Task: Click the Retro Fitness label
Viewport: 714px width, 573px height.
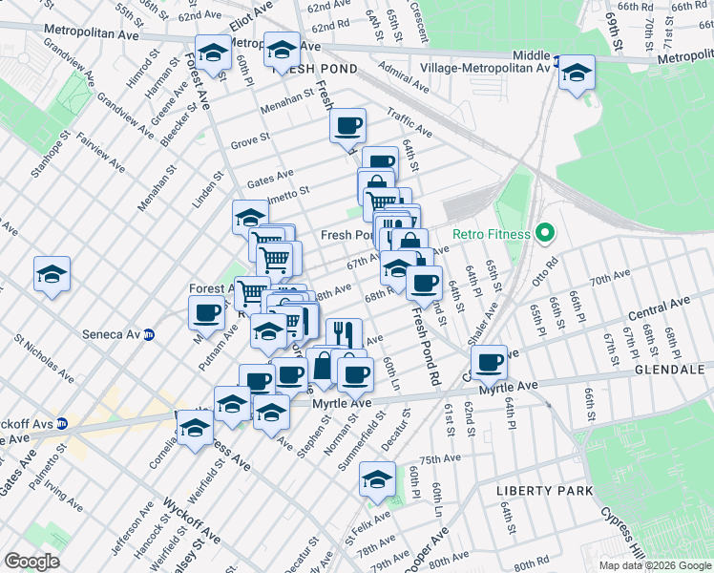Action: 490,234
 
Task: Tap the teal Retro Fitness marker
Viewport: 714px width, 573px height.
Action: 545,233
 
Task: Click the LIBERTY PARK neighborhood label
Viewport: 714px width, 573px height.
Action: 543,491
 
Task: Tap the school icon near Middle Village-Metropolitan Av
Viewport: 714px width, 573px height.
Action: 577,73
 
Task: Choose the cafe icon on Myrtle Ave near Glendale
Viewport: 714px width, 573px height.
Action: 490,363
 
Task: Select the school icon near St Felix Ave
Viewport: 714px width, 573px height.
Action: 377,479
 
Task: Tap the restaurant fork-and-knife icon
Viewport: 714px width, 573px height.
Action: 344,334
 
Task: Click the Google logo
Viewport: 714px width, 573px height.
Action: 31,562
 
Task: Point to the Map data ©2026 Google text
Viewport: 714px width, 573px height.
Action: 655,565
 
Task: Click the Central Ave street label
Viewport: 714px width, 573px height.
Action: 659,309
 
